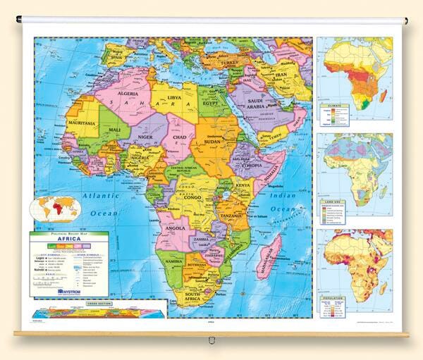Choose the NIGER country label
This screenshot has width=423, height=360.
pos(146,138)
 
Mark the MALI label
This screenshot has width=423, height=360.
pos(115,130)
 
